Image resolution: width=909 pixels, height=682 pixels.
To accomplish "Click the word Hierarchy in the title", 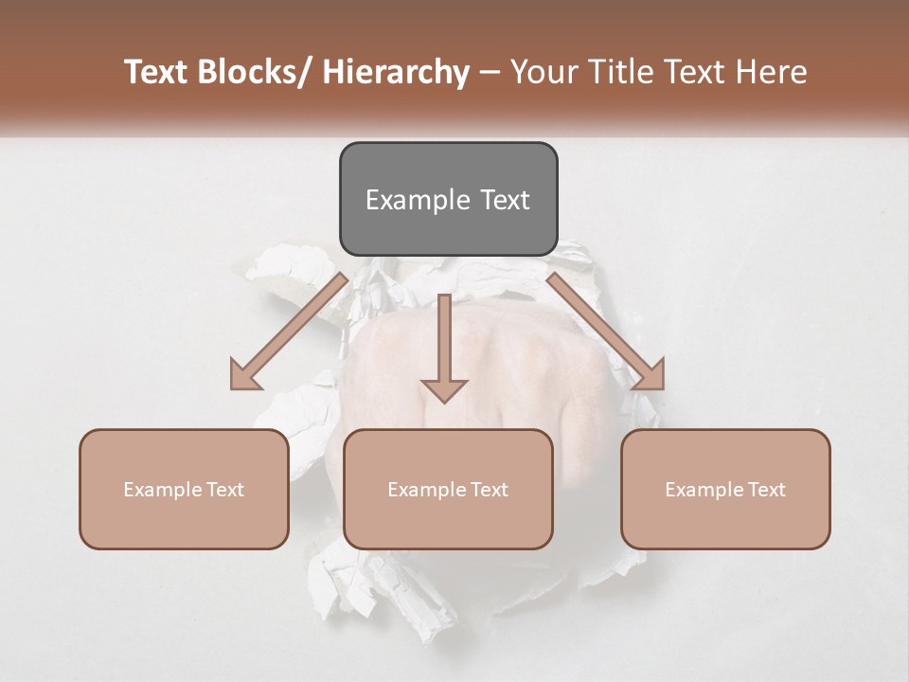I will coord(396,72).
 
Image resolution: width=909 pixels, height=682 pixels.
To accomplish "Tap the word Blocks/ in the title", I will coord(257,72).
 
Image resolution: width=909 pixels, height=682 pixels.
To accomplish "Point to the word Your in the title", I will coord(544,72).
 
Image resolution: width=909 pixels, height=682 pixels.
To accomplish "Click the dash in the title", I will coord(490,72).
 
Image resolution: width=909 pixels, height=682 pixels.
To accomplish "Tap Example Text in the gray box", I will coord(448,200).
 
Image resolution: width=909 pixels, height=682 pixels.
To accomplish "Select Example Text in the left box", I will coord(184,490).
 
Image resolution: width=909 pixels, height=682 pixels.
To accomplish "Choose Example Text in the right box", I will coord(725,490).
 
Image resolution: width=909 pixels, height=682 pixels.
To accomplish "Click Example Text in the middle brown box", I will coord(448,490).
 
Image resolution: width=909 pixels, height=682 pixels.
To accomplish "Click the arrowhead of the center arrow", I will coord(444,389).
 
